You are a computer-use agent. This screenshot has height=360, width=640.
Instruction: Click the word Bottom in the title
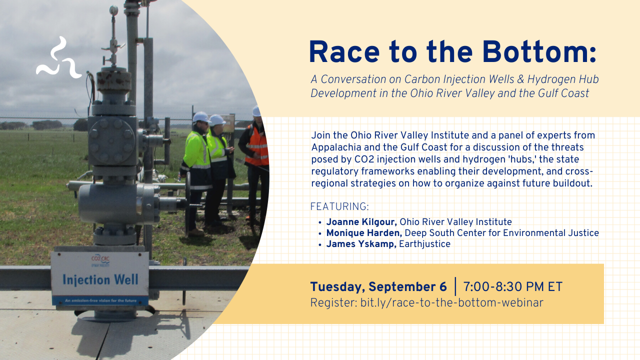(x=535, y=52)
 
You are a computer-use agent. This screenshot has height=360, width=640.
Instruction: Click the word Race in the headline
(x=344, y=52)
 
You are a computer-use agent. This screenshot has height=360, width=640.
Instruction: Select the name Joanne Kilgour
(x=361, y=222)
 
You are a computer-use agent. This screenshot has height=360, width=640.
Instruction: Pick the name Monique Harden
(x=364, y=233)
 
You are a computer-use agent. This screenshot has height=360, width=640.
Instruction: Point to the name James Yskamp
(x=361, y=244)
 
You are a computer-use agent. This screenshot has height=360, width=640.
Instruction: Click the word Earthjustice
(x=424, y=244)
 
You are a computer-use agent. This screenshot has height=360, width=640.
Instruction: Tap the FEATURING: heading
(x=339, y=206)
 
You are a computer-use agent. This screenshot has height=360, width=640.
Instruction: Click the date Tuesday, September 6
(x=378, y=287)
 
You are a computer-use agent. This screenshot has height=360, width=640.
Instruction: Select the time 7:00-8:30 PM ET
(x=513, y=287)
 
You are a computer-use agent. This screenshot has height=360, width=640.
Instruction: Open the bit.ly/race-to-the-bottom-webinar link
(x=451, y=303)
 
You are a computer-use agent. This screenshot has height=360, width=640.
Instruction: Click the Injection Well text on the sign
(x=100, y=279)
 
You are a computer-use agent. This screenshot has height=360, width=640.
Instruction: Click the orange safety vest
(x=256, y=145)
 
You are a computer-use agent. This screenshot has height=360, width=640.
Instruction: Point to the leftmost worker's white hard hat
(x=200, y=117)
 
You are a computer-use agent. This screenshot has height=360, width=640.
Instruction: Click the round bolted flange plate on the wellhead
(x=111, y=141)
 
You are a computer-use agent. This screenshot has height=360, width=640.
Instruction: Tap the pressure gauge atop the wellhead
(x=113, y=10)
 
